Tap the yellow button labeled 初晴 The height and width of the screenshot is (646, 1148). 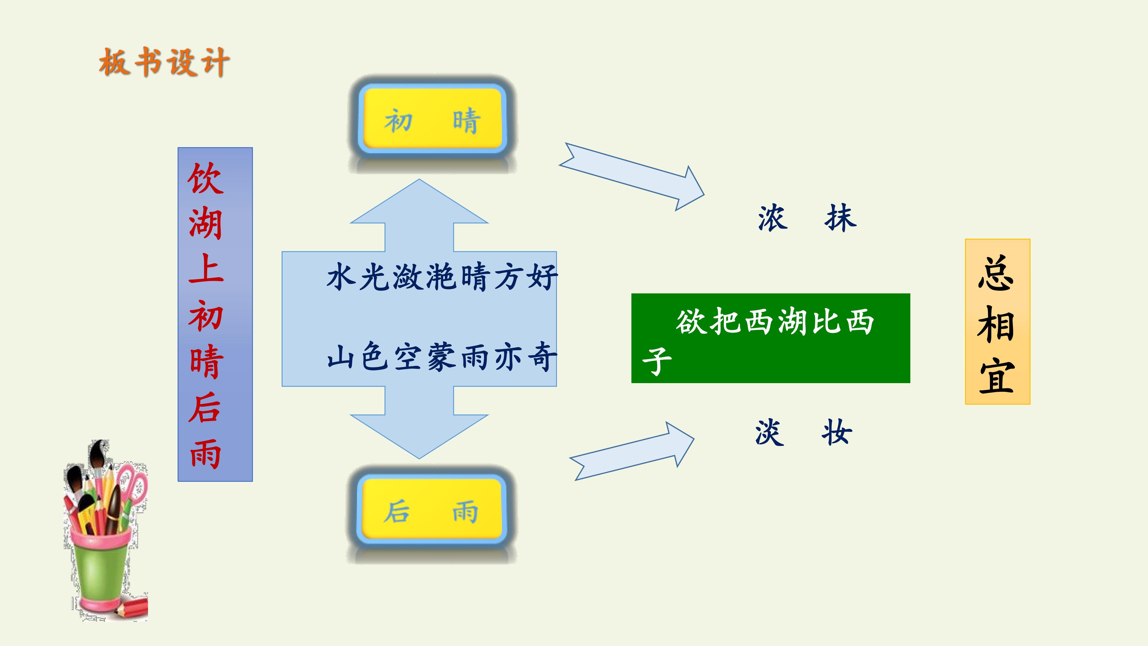coord(432,119)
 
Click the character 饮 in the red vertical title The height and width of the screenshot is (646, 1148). coord(205,178)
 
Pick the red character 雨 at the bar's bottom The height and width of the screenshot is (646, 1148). coord(205,453)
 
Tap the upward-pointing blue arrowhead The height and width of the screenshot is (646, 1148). coord(419,202)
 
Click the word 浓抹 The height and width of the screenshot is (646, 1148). coord(807,218)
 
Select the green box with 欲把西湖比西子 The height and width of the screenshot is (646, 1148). coord(770,338)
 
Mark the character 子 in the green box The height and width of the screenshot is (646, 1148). coord(657,361)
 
